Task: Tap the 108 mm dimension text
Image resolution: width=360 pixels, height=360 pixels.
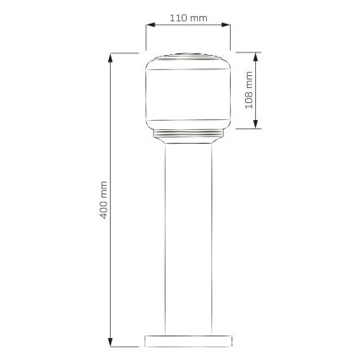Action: (x=248, y=91)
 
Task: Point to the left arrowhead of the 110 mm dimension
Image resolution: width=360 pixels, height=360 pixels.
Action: (x=148, y=25)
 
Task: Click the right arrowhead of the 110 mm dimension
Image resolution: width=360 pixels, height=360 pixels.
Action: (x=226, y=25)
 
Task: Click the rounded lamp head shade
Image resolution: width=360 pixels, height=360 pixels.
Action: (x=187, y=93)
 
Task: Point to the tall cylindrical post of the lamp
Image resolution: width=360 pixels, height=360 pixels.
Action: (x=187, y=237)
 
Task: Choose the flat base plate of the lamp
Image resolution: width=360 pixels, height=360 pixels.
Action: (x=187, y=340)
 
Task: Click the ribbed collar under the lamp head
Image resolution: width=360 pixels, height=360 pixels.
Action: (x=187, y=134)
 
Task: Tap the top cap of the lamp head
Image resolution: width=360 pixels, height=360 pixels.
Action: (x=187, y=57)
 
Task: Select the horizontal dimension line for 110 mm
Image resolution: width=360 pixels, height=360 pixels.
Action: (x=187, y=25)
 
